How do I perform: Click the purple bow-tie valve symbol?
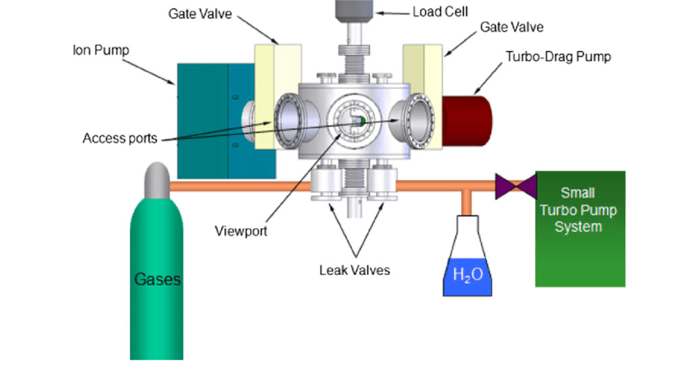click(x=511, y=187)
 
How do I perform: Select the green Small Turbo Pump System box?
click(x=580, y=228)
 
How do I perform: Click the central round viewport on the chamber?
click(x=351, y=123)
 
